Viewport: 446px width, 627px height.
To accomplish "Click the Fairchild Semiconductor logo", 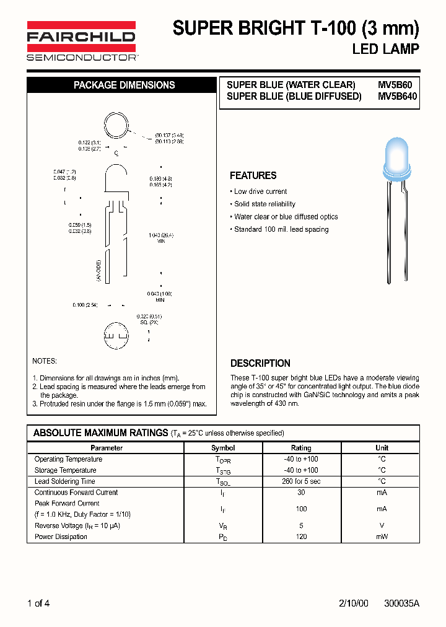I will coord(81,41).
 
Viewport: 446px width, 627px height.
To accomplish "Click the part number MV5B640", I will coord(398,96).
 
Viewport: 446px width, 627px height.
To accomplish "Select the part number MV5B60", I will coord(399,84).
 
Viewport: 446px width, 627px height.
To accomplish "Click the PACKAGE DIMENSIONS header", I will coord(124,85).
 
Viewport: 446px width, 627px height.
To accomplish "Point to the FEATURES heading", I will coord(253,175).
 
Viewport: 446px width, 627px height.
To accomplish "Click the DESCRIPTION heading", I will coord(260,363).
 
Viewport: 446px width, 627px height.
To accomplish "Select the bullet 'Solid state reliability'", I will coord(265,204).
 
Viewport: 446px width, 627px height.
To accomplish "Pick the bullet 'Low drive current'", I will coord(260,191).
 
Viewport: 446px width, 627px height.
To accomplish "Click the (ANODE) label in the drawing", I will coord(98,271).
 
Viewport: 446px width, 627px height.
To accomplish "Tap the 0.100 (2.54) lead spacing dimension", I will coord(85,305).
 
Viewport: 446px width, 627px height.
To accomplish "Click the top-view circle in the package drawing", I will coord(115,125).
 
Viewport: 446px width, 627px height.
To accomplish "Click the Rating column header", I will coord(301,447).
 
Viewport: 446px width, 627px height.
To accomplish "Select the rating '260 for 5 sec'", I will coord(301,481).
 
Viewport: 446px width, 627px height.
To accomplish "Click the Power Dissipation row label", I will coord(61,537).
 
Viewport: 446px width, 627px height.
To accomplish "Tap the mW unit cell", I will coord(382,537).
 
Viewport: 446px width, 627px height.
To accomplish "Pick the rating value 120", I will coord(301,537).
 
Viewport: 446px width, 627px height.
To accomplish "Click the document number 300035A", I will coord(401,603).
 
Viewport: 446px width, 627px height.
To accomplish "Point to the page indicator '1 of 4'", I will coord(38,603).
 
